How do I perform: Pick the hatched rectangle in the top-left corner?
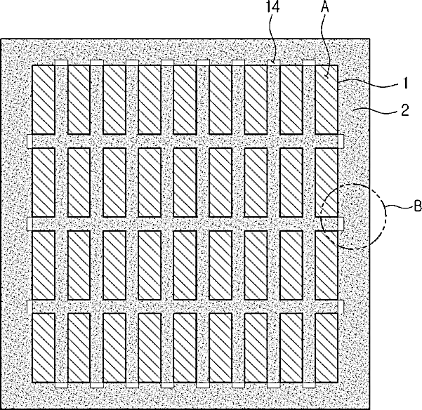point(44,99)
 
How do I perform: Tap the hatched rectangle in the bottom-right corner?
point(327,347)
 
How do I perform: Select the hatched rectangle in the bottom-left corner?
point(44,347)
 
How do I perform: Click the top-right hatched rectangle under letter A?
point(327,99)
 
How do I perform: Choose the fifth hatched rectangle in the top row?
point(185,99)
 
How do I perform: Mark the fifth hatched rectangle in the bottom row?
point(185,347)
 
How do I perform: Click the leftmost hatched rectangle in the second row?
point(44,182)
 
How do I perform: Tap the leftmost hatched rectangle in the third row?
point(44,265)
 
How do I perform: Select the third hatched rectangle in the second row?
point(114,182)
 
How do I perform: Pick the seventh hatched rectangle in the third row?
point(256,265)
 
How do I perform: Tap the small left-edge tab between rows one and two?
point(29,141)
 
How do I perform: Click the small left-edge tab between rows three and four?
point(29,306)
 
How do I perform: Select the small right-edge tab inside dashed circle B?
point(341,223)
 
